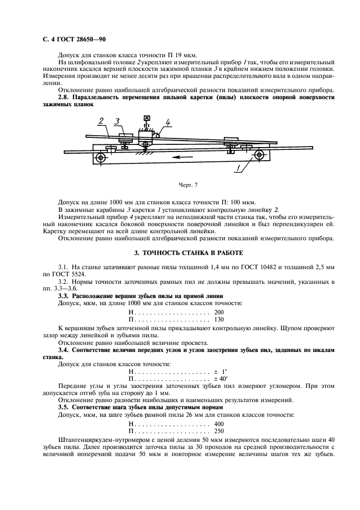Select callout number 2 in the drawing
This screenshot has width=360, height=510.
(101, 121)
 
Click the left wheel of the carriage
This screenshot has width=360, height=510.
(101, 159)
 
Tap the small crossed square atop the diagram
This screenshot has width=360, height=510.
(146, 118)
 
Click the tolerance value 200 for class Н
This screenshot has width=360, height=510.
(219, 312)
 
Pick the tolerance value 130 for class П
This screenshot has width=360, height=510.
(219, 319)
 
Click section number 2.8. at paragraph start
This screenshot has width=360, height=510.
(65, 97)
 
